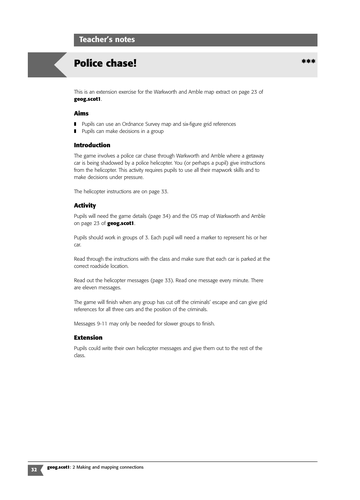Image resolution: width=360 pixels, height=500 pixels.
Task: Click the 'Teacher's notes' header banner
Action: tap(110, 39)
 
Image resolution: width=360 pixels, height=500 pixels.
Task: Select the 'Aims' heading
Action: tap(83, 114)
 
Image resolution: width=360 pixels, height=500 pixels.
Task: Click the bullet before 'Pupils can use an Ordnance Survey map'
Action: tap(76, 124)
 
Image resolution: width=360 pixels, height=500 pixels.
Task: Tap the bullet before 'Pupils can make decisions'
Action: tap(76, 131)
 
